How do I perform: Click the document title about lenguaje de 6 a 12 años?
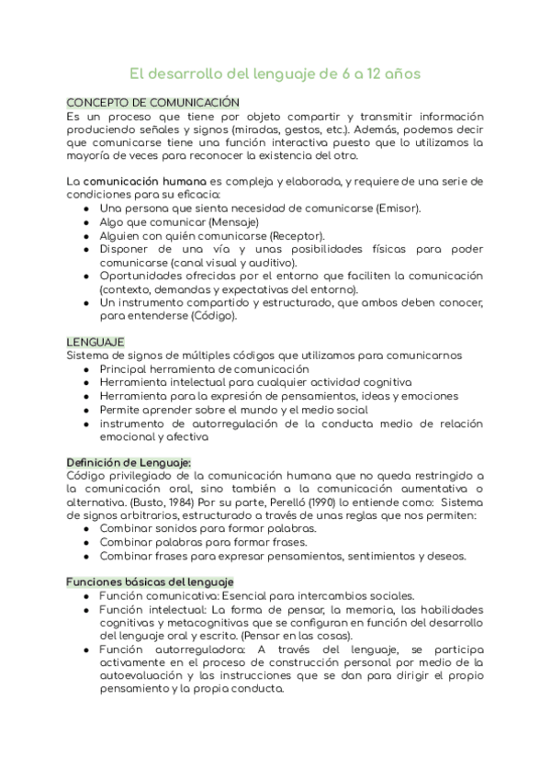[x=275, y=74]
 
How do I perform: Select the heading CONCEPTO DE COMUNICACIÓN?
[x=153, y=103]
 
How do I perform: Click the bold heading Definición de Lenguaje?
[x=129, y=462]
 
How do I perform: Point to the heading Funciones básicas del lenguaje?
[x=151, y=582]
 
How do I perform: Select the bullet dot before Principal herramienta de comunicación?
[x=85, y=369]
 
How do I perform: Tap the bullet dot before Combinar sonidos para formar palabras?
[x=85, y=530]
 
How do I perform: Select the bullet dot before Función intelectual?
[x=85, y=610]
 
